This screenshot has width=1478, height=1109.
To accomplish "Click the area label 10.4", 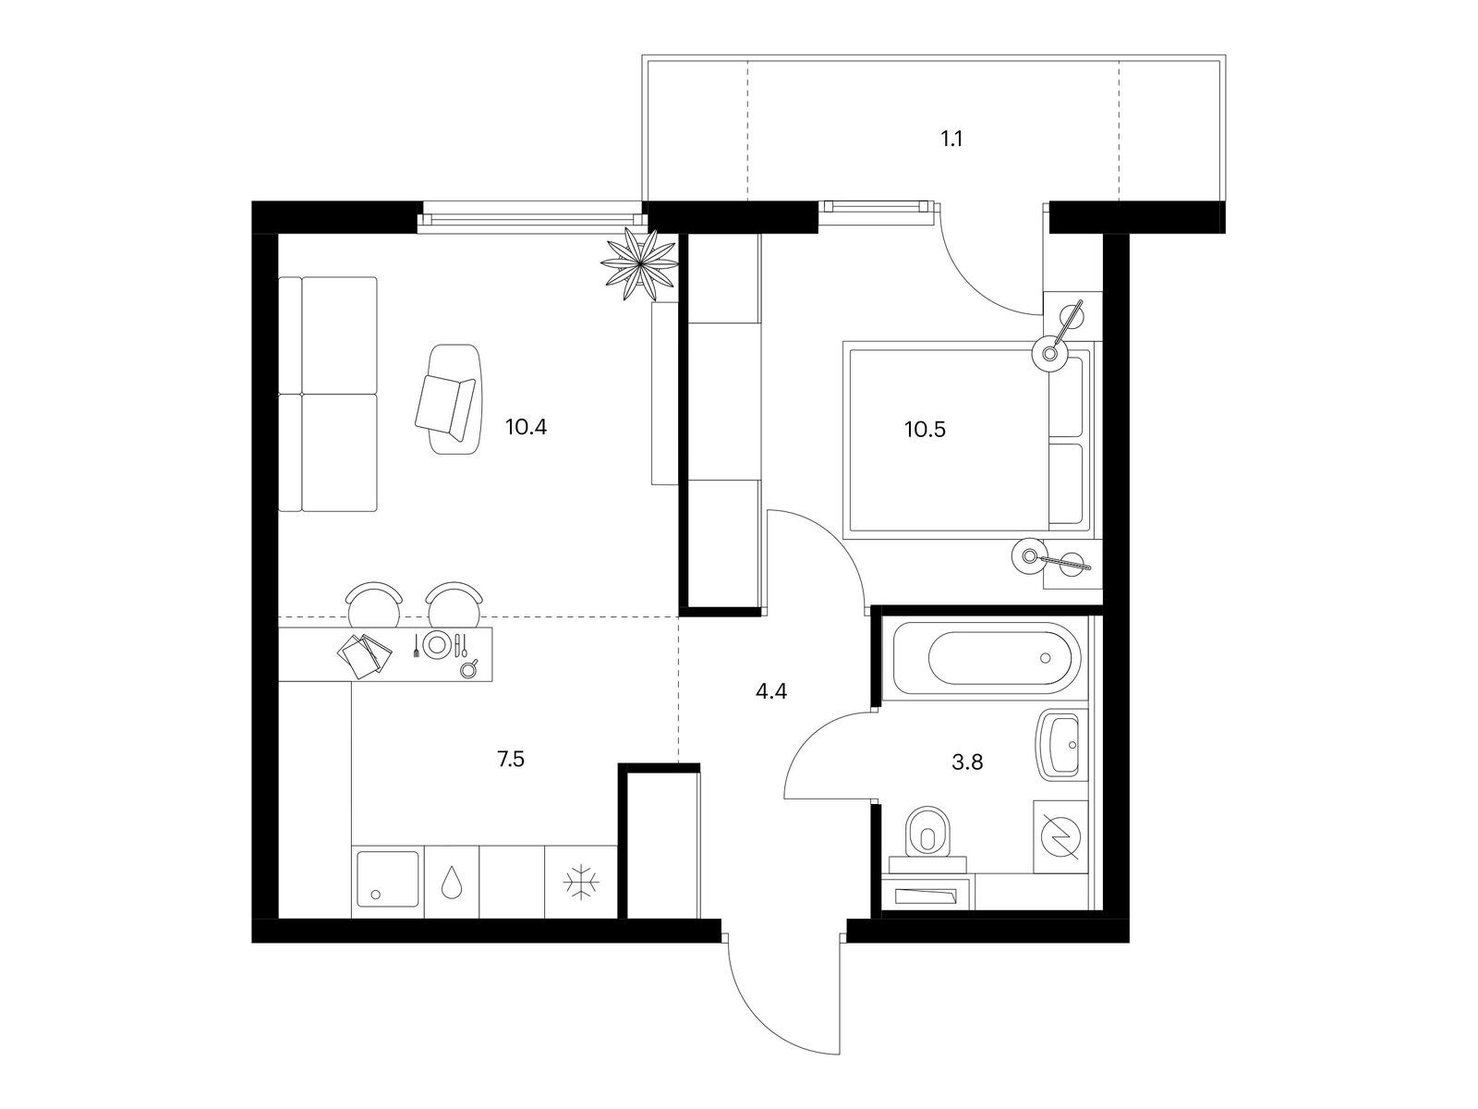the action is click(x=526, y=427).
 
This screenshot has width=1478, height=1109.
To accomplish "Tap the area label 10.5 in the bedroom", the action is click(x=926, y=429).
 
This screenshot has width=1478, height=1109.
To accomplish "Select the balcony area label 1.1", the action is click(x=951, y=140).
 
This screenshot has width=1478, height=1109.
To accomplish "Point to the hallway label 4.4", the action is click(x=771, y=691).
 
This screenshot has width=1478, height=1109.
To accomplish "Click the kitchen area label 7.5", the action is click(x=511, y=760).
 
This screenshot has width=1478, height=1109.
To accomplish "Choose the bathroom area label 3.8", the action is click(x=967, y=762).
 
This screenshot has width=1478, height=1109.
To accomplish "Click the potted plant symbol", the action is click(x=638, y=263).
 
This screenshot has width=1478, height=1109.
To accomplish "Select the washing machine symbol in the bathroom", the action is click(x=1060, y=836).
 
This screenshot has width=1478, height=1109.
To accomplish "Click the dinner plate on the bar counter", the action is click(x=436, y=644).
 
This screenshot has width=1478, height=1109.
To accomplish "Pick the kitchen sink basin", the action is click(x=387, y=880).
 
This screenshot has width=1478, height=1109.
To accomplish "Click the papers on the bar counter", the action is click(x=364, y=653).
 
